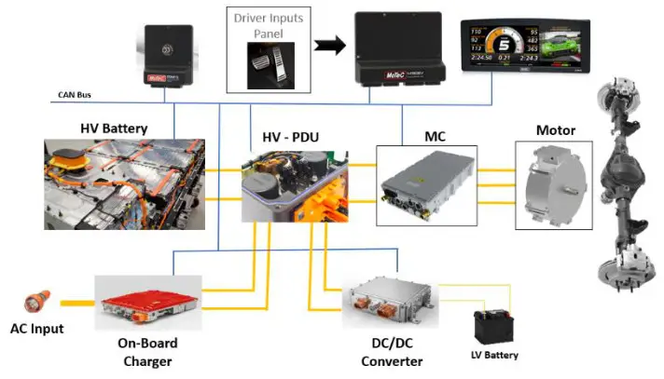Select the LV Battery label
point(495,355)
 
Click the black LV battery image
point(494,327)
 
